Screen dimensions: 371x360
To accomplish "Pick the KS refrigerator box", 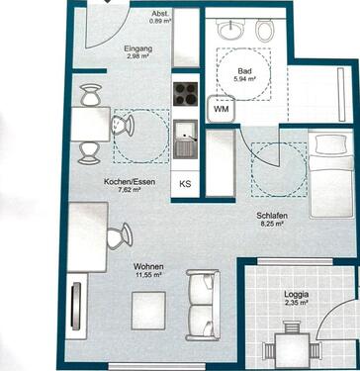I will [185, 185].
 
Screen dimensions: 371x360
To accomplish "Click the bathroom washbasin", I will [229, 31].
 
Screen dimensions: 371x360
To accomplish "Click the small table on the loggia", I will [290, 350].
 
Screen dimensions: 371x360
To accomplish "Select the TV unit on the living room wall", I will [76, 307].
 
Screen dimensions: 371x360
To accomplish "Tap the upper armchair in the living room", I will [203, 285].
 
